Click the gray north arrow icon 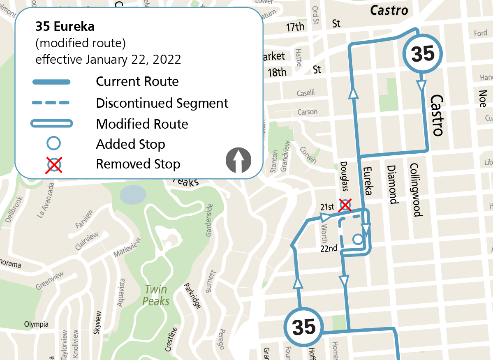click(x=238, y=161)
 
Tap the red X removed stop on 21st click(x=345, y=205)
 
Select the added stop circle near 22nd click(x=358, y=239)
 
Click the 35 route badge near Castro click(x=423, y=54)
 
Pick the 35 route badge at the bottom click(x=303, y=328)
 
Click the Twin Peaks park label click(x=156, y=295)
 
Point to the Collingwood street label click(x=416, y=189)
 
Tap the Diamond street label click(x=392, y=185)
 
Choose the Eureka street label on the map click(x=368, y=181)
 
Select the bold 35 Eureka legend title click(x=65, y=27)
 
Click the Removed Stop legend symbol click(x=54, y=164)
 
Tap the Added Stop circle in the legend click(x=54, y=143)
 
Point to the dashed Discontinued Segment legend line click(x=51, y=103)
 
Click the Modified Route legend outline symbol click(x=51, y=123)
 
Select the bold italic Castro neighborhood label click(x=389, y=10)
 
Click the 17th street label click(x=295, y=27)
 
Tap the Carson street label click(x=307, y=112)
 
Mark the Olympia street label click(x=36, y=324)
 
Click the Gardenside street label click(x=209, y=220)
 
